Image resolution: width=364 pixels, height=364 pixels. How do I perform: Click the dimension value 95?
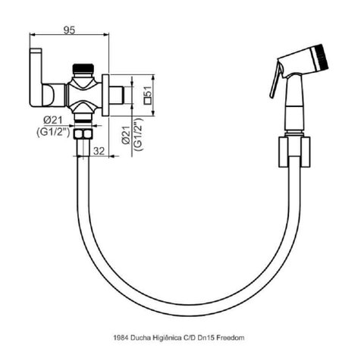coord(69,30)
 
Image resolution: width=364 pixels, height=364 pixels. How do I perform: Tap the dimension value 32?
coord(99,151)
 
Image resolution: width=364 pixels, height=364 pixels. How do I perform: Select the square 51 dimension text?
coord(147,95)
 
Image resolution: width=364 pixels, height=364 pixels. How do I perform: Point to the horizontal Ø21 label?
coord(53,121)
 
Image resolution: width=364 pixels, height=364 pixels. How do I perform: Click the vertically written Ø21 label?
coord(126,135)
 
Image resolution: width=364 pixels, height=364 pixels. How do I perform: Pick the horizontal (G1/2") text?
coord(53,133)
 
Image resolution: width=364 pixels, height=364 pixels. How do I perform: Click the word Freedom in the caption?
coord(232,337)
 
